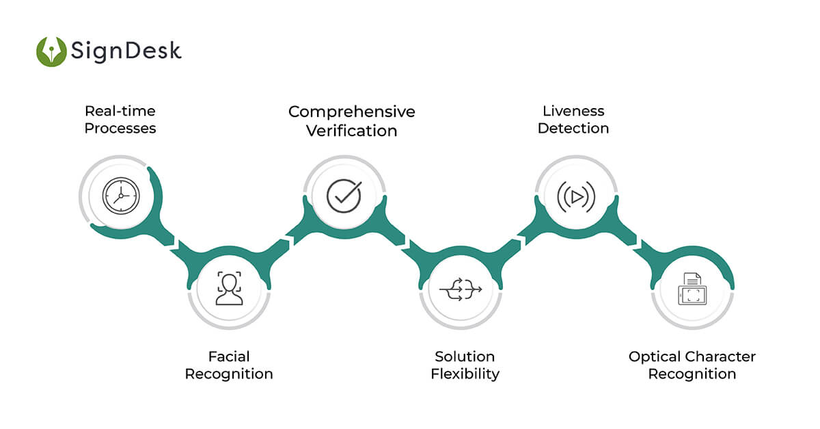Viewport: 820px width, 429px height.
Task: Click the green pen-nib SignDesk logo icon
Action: point(51,51)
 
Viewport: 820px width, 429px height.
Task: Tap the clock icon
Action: point(120,196)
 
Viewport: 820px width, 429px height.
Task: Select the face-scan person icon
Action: point(229,288)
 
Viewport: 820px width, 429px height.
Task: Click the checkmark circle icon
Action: point(344,196)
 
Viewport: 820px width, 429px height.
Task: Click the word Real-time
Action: point(120,111)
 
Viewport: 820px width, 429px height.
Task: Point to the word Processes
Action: point(120,128)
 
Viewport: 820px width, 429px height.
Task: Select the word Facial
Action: point(229,356)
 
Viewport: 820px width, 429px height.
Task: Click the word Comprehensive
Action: point(351,112)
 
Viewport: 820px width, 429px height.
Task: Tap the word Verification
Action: point(351,130)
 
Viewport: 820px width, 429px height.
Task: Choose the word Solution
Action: point(465,356)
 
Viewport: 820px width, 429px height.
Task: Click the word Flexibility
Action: point(465,374)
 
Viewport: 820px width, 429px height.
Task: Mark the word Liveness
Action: point(573,111)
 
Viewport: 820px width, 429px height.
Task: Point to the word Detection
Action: point(573,128)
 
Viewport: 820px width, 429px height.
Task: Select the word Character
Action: point(722,356)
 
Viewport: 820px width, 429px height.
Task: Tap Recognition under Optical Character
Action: point(692,374)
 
